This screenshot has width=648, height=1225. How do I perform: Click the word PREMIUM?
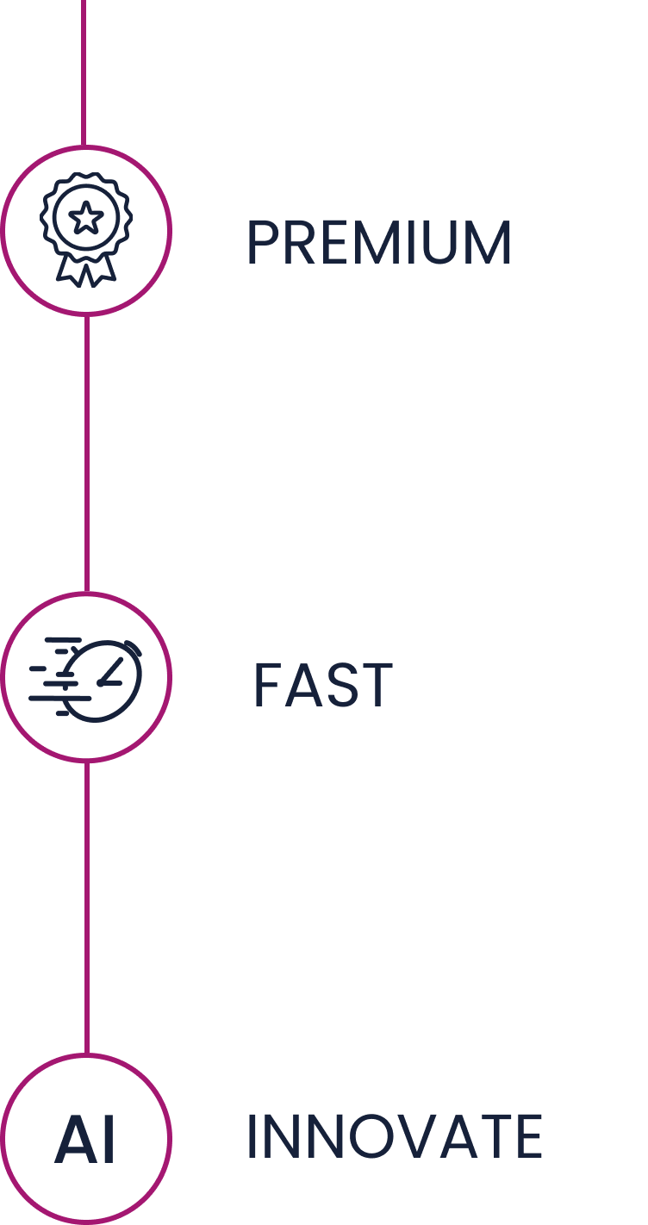[379, 242]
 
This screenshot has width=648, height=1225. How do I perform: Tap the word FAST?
[323, 686]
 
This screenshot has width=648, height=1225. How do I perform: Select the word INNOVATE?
[395, 1137]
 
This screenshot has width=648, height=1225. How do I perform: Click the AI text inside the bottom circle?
[84, 1140]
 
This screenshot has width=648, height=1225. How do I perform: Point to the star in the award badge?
[84, 219]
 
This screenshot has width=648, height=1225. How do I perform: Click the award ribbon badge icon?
[85, 228]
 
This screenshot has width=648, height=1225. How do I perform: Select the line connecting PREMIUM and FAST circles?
[87, 453]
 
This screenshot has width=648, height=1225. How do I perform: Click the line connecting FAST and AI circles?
[87, 908]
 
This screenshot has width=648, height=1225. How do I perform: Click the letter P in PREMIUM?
[261, 242]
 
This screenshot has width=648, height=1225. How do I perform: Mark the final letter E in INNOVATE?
[530, 1137]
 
